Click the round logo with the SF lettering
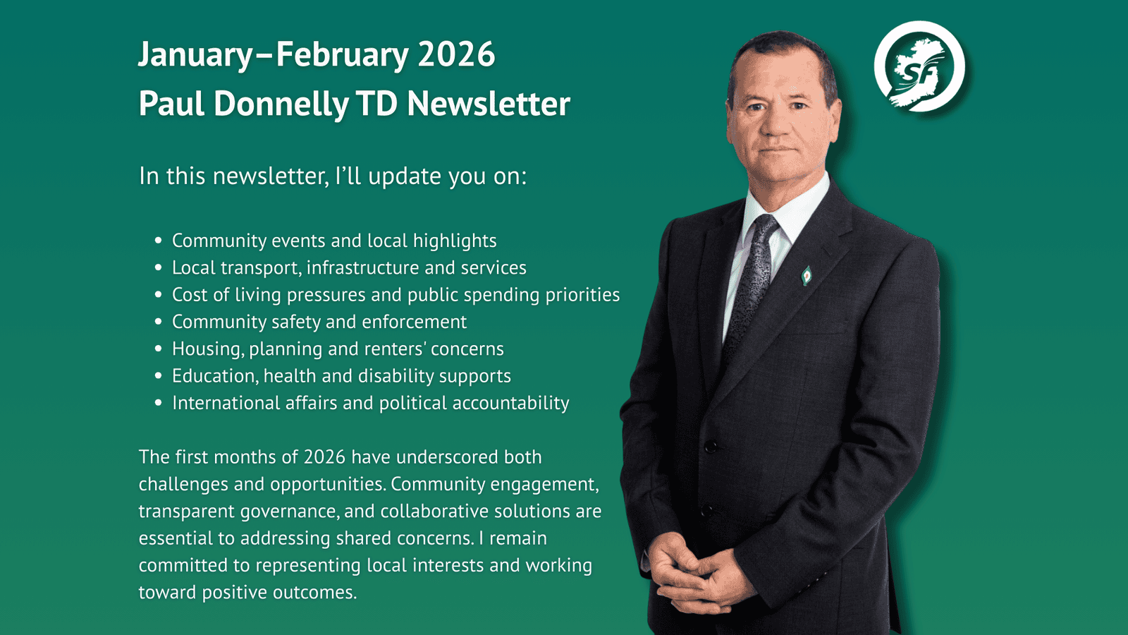click(x=919, y=67)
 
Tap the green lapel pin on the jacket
click(x=807, y=275)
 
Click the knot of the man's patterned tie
click(x=764, y=226)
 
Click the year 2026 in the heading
click(x=456, y=55)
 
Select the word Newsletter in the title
click(x=488, y=104)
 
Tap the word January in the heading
click(x=195, y=55)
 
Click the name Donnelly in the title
click(x=281, y=104)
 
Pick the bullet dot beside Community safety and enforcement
click(x=159, y=322)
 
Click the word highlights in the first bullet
click(x=455, y=241)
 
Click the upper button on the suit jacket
click(x=711, y=446)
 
